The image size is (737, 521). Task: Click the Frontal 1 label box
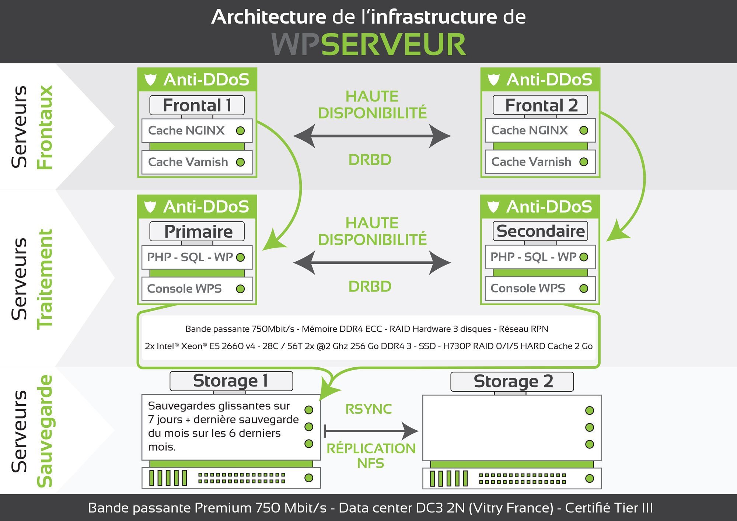[197, 105]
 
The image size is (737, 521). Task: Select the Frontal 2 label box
[540, 105]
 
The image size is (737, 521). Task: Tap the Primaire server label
[197, 232]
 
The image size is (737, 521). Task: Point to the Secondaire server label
[540, 231]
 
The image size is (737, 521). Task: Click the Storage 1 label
[231, 381]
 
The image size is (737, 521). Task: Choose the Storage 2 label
[512, 381]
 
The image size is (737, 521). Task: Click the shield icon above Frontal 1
[150, 80]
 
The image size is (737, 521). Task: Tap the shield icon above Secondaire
[493, 207]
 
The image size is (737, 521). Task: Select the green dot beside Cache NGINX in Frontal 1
[240, 131]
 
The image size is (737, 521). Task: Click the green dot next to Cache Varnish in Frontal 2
[584, 162]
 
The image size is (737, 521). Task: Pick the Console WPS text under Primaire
[184, 289]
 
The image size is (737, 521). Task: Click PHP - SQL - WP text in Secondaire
[533, 257]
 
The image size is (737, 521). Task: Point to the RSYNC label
[368, 409]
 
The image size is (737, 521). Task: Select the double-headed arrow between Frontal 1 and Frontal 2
[372, 136]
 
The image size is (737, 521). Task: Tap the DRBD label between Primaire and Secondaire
[370, 286]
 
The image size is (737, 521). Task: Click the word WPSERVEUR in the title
[368, 45]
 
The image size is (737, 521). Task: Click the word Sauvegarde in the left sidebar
[45, 431]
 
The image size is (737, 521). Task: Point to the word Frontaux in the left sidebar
[45, 127]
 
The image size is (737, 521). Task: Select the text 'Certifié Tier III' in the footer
[609, 508]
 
